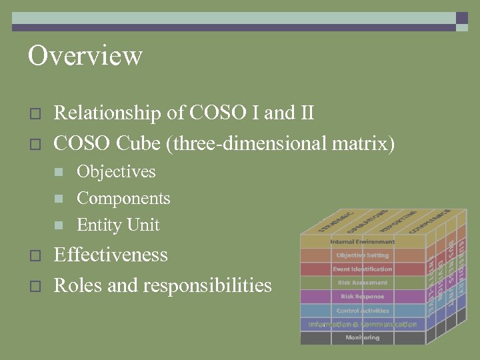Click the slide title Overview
(x=85, y=55)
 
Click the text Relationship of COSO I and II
(x=183, y=113)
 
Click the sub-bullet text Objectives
(x=116, y=171)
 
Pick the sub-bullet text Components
(x=123, y=198)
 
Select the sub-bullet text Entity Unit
(x=118, y=225)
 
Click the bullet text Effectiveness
(x=110, y=255)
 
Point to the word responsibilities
(x=207, y=285)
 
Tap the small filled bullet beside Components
(x=59, y=199)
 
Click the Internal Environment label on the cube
(x=362, y=241)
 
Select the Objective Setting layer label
(x=362, y=255)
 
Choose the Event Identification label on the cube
(x=362, y=269)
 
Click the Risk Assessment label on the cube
(x=362, y=283)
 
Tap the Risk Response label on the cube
(x=362, y=297)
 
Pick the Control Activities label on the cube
(x=362, y=311)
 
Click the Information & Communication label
(x=362, y=325)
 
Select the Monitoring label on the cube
(x=362, y=338)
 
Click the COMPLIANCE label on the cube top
(x=431, y=220)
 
